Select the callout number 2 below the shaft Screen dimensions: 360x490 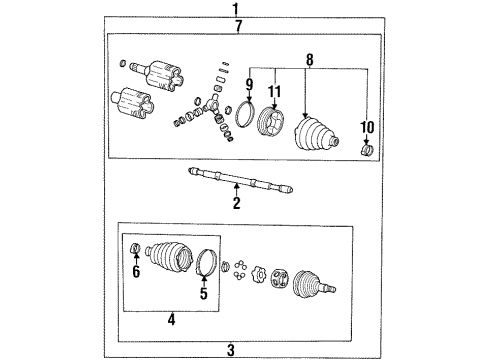pyautogui.click(x=236, y=204)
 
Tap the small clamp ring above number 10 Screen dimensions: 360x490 pyautogui.click(x=366, y=151)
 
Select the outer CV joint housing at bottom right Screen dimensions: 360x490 pyautogui.click(x=312, y=284)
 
